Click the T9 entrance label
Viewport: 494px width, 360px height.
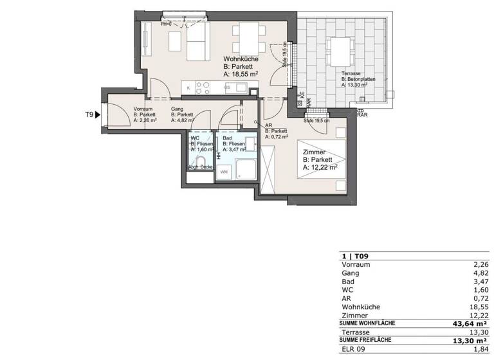click(x=89, y=115)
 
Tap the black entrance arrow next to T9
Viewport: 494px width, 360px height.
click(x=98, y=115)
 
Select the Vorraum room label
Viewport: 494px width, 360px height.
click(x=143, y=109)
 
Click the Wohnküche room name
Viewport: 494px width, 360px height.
click(x=241, y=59)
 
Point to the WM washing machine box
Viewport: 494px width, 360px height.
click(x=224, y=172)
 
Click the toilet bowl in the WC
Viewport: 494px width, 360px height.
click(x=201, y=161)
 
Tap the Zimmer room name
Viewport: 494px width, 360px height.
click(x=315, y=152)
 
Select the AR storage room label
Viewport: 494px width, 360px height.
click(x=268, y=126)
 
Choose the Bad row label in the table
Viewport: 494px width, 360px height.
click(x=347, y=281)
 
